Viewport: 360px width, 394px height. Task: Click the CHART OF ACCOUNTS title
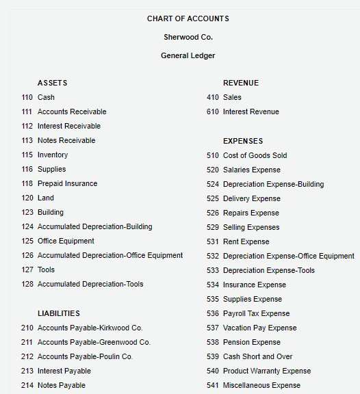tap(188, 18)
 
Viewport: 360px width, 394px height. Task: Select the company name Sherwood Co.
tap(188, 37)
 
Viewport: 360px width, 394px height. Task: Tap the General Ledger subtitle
tap(188, 55)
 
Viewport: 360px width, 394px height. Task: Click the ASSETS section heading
tap(53, 83)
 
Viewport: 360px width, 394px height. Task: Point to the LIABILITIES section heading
tap(59, 313)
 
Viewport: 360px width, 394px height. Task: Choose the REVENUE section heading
tap(241, 83)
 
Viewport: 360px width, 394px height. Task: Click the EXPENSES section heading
tap(243, 141)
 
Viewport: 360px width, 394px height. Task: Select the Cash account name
tap(46, 97)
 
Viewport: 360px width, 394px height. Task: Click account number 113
tap(27, 140)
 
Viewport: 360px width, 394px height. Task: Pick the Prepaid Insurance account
tap(67, 183)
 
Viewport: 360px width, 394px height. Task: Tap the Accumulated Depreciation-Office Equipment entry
tap(110, 255)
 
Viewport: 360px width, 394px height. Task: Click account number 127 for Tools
tap(27, 270)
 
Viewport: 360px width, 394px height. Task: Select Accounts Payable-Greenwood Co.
tap(94, 342)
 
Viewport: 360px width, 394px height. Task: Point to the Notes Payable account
tap(62, 385)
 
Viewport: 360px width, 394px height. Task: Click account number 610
tap(213, 111)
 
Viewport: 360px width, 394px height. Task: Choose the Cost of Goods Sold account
tap(255, 155)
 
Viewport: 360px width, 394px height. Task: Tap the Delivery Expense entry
tap(252, 198)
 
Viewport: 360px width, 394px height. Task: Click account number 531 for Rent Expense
tap(213, 241)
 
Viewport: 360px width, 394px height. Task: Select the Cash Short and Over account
tap(258, 356)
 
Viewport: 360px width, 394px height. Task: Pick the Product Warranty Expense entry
tap(267, 371)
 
